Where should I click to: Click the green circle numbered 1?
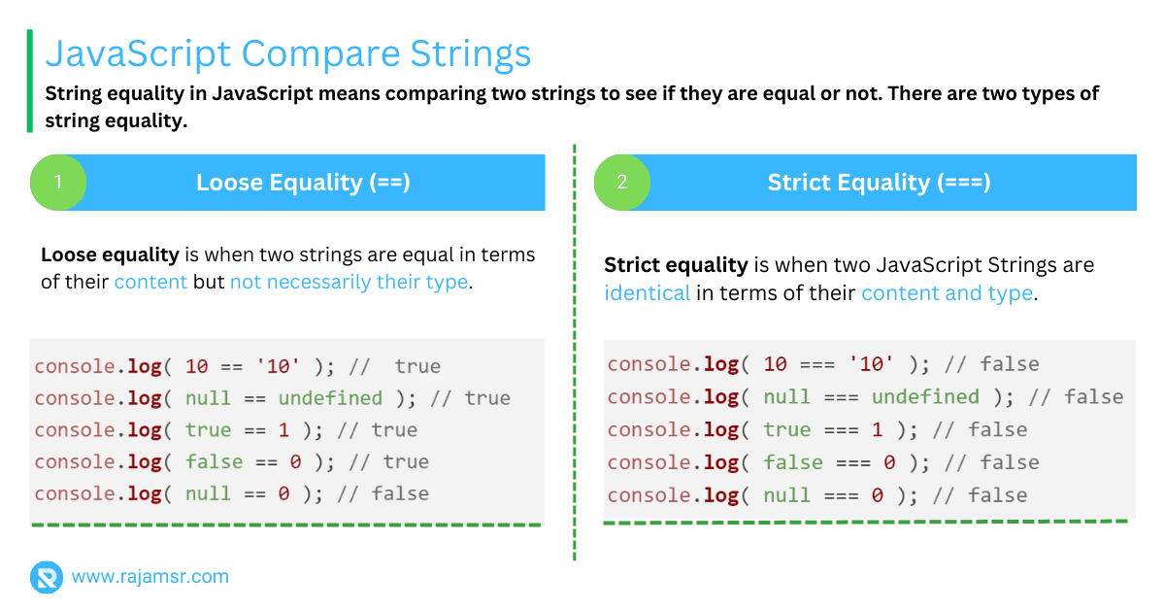(58, 183)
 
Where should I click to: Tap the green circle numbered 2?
(622, 183)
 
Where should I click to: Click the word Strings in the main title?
(470, 54)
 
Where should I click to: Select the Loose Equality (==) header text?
(303, 183)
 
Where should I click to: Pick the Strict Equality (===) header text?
(879, 183)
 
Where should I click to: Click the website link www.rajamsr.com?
(150, 577)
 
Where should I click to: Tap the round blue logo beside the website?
(47, 577)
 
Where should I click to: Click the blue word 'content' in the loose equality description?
(150, 282)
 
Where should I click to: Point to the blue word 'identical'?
(647, 293)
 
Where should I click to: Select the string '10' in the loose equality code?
(278, 366)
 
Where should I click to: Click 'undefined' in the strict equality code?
(926, 397)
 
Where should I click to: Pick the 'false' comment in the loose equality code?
(400, 494)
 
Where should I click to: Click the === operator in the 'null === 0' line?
(842, 495)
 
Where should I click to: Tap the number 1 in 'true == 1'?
(283, 430)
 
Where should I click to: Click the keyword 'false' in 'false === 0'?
(793, 462)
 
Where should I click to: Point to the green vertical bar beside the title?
(30, 81)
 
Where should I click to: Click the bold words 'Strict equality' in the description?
(676, 265)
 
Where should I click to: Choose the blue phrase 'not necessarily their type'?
(349, 282)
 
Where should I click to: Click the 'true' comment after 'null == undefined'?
(487, 398)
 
